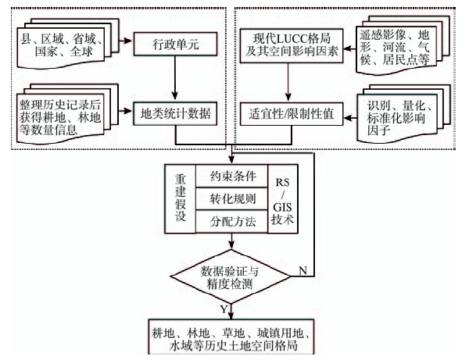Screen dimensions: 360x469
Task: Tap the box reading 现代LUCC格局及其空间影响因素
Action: (288, 45)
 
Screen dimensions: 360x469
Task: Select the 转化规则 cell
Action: (227, 198)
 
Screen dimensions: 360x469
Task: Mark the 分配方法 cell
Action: (227, 221)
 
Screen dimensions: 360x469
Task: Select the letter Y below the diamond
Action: (223, 310)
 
